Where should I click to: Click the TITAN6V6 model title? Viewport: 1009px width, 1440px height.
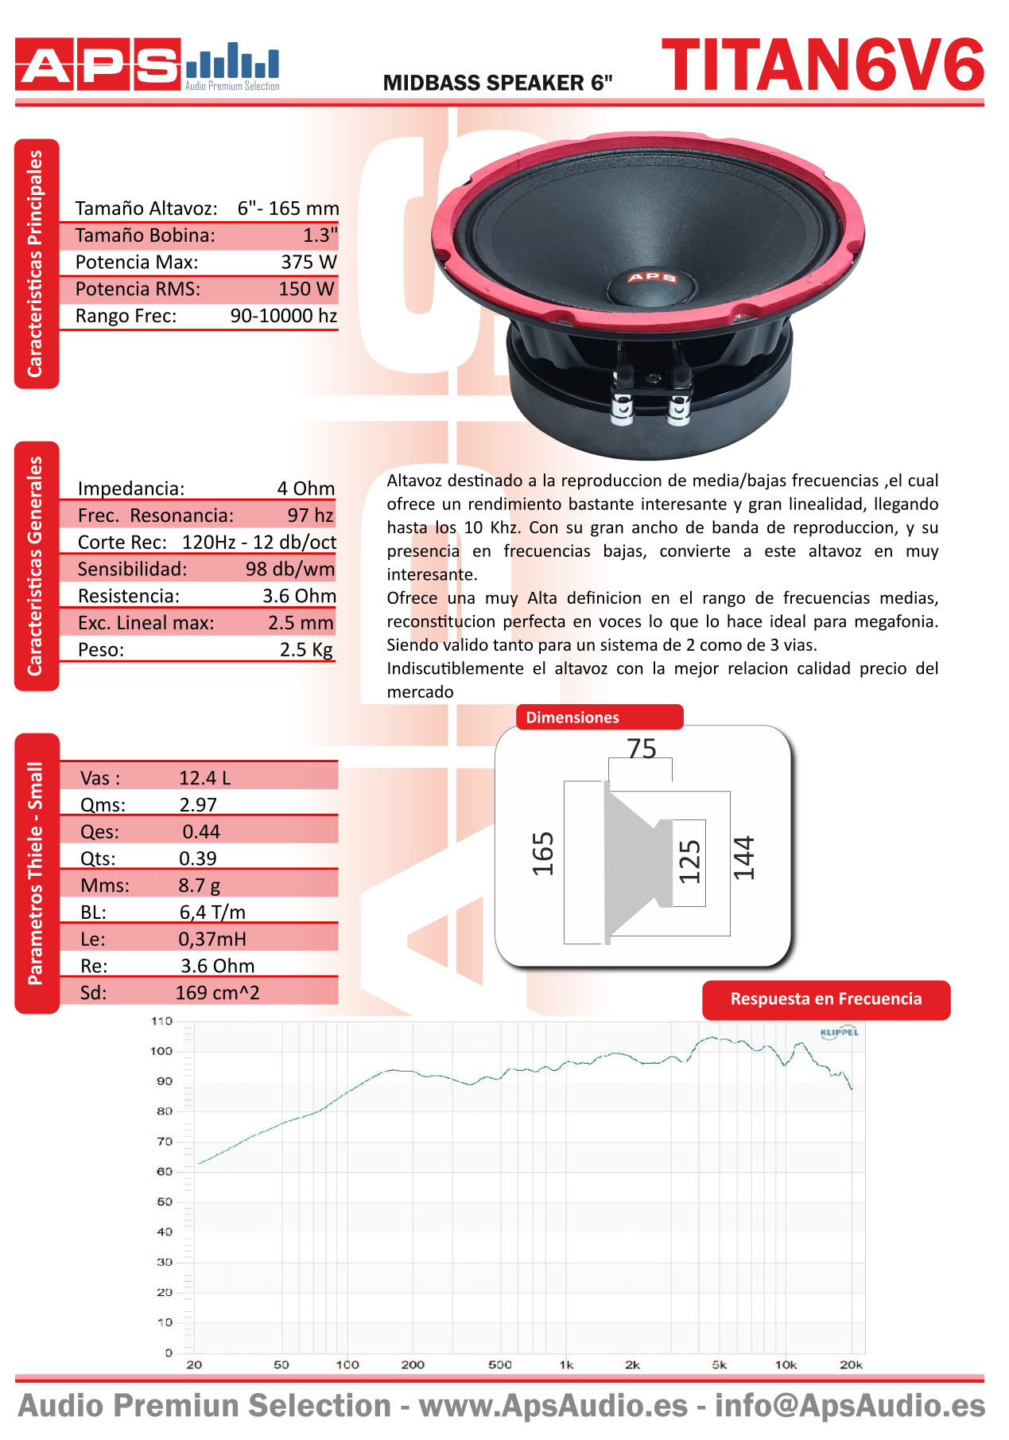click(823, 65)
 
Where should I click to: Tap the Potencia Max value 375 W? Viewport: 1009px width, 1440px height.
click(309, 262)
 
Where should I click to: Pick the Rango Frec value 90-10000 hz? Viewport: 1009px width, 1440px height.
click(283, 316)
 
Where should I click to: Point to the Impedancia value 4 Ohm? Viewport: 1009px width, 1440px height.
click(306, 488)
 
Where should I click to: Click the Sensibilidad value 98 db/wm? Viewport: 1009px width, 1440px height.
click(289, 569)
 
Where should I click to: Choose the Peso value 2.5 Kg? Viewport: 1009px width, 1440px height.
click(306, 649)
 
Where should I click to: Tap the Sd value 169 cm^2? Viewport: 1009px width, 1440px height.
click(217, 993)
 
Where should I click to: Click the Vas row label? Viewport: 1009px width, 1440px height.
click(100, 778)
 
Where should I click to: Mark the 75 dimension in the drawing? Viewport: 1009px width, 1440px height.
click(642, 749)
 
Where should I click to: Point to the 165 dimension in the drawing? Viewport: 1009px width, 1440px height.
click(543, 854)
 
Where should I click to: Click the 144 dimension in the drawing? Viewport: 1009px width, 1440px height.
click(743, 858)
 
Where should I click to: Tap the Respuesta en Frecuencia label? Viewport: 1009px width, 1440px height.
click(826, 999)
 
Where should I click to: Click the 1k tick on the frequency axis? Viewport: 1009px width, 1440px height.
click(566, 1365)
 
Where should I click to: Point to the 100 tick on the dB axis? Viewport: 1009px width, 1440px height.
click(161, 1051)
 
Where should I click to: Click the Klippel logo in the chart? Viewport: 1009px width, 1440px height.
click(839, 1033)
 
